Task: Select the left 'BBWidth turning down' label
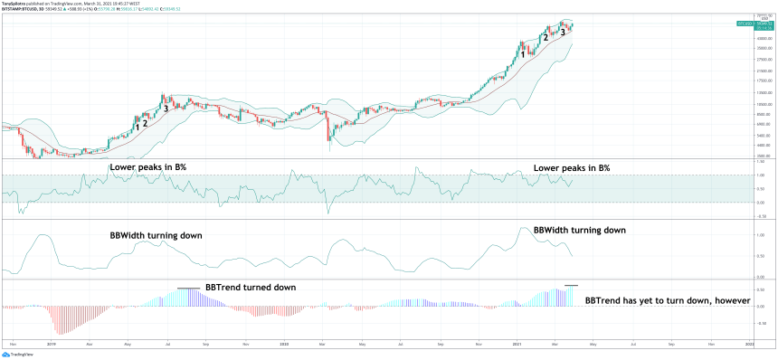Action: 156,235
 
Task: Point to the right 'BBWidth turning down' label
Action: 579,231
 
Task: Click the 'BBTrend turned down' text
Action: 251,287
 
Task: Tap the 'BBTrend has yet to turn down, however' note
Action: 669,299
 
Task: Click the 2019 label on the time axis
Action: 51,345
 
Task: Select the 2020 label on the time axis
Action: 284,345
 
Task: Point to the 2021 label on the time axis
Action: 516,345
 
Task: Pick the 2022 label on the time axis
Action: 749,345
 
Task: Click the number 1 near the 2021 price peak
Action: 523,53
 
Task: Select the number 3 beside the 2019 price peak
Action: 166,109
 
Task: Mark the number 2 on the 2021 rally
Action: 545,38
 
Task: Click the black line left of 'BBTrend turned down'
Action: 188,289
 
